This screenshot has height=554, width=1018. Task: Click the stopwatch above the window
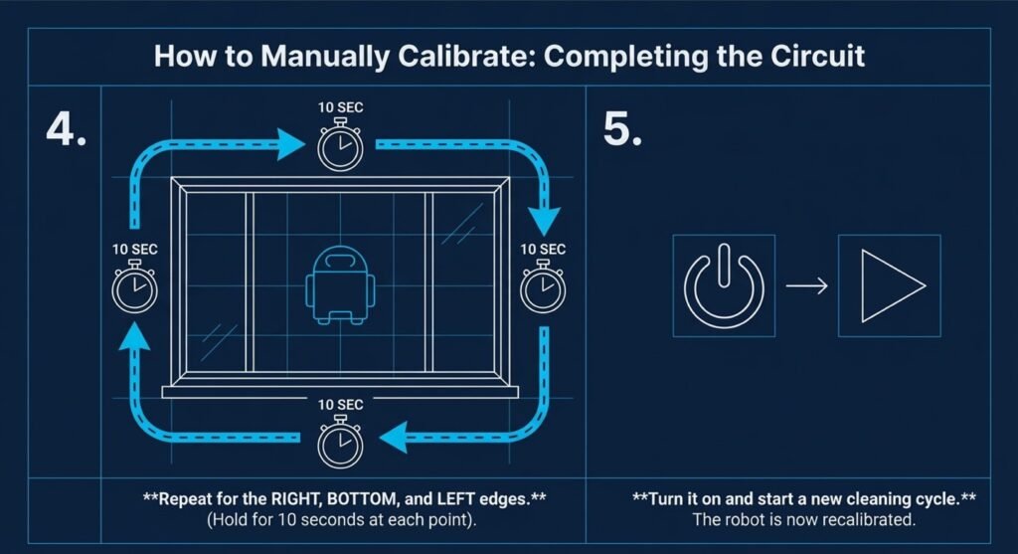(x=340, y=145)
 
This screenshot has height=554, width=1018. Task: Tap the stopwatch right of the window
(x=543, y=286)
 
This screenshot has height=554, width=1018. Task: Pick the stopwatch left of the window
(x=134, y=286)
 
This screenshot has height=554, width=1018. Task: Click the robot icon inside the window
(x=340, y=284)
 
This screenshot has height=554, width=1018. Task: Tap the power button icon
(x=724, y=285)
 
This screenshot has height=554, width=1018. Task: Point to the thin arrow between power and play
(x=807, y=285)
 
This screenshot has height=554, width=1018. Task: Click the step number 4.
(x=67, y=129)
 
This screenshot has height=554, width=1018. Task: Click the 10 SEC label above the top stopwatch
(x=340, y=107)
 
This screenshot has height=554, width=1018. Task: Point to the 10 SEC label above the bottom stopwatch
(x=340, y=405)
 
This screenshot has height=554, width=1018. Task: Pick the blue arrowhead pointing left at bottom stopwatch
(x=394, y=437)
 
